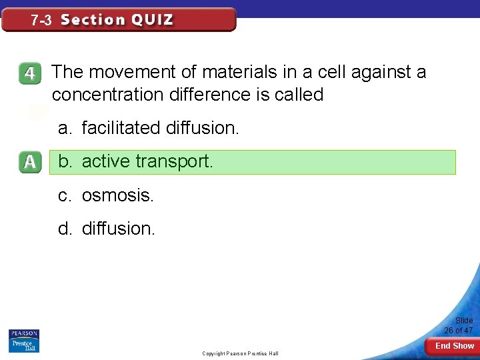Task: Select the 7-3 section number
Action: click(41, 21)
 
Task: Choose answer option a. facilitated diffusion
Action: click(148, 127)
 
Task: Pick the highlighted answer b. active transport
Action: click(136, 162)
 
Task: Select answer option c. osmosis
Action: click(106, 195)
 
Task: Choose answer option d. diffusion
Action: click(107, 229)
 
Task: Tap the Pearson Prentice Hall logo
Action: click(24, 341)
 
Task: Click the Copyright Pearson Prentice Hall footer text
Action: click(240, 353)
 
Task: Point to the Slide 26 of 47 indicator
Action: click(459, 325)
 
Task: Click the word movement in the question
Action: click(135, 72)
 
